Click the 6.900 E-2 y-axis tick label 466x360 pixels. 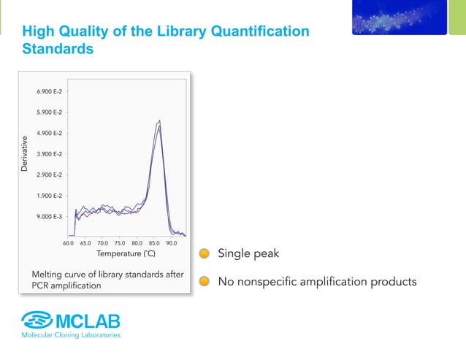pyautogui.click(x=49, y=91)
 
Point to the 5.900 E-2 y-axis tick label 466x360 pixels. pyautogui.click(x=49, y=112)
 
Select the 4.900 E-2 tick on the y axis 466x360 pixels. pyautogui.click(x=49, y=133)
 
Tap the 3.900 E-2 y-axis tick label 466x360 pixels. pyautogui.click(x=49, y=154)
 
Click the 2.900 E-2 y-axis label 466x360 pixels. pyautogui.click(x=49, y=175)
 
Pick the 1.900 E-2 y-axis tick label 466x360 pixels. pyautogui.click(x=49, y=196)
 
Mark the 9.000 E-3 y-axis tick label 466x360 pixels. pyautogui.click(x=49, y=217)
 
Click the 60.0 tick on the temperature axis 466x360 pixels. pyautogui.click(x=68, y=242)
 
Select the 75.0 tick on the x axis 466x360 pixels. pyautogui.click(x=120, y=242)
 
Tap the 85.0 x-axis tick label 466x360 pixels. pyautogui.click(x=154, y=242)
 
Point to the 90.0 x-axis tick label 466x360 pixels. pyautogui.click(x=172, y=242)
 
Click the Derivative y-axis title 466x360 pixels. pyautogui.click(x=25, y=154)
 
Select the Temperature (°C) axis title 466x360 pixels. pyautogui.click(x=126, y=254)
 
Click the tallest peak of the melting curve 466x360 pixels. pyautogui.click(x=158, y=121)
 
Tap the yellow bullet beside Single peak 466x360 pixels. pyautogui.click(x=205, y=254)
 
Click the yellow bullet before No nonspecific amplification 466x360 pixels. pyautogui.click(x=205, y=281)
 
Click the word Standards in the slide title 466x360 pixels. pyautogui.click(x=58, y=50)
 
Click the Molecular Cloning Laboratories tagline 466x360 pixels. pyautogui.click(x=70, y=335)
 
